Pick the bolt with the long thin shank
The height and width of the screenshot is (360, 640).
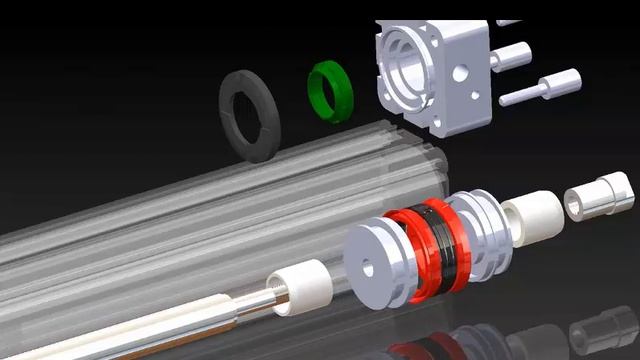(x=540, y=88)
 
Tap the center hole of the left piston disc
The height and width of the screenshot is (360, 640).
(x=367, y=268)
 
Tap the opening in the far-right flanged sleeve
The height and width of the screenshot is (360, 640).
(x=575, y=204)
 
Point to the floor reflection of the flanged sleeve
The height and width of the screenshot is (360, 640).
(x=605, y=330)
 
